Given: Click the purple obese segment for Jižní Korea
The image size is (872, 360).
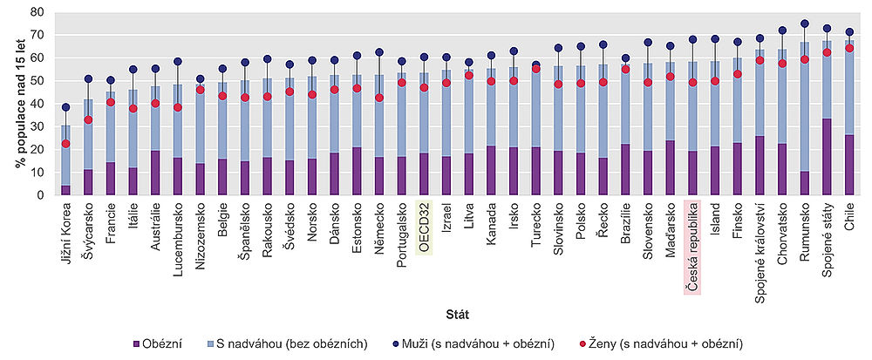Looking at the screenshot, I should click(x=65, y=190).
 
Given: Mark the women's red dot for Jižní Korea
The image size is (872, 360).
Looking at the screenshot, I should click(x=65, y=144).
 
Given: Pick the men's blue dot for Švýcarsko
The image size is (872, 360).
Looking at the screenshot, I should click(x=88, y=79).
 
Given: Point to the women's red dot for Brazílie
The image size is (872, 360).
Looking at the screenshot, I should click(x=625, y=69).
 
